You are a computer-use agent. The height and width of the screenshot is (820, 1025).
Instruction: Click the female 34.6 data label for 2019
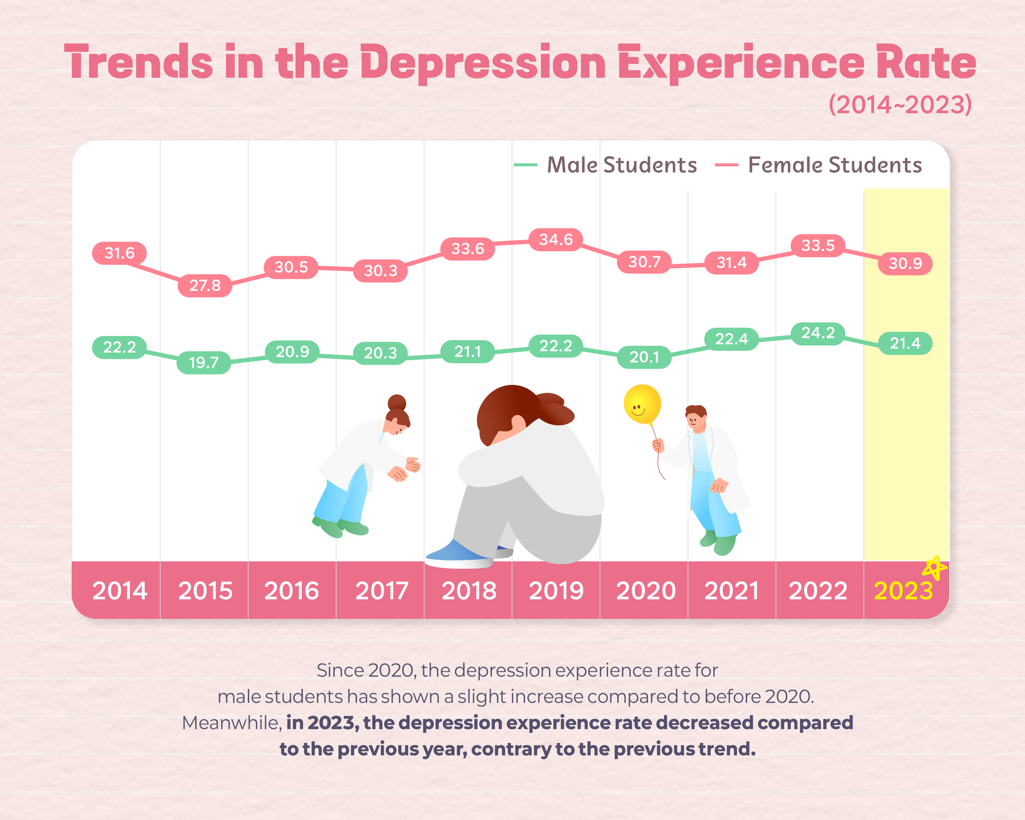[556, 239]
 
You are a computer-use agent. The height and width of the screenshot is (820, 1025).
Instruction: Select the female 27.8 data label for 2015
[205, 286]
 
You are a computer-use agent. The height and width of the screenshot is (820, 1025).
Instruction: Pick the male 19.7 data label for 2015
[204, 363]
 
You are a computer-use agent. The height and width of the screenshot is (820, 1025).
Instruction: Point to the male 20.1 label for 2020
[644, 357]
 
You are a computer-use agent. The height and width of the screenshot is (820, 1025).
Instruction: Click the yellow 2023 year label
[903, 591]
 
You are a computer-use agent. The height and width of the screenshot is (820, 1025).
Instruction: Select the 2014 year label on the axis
[120, 591]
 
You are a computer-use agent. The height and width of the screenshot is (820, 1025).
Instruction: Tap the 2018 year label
[469, 591]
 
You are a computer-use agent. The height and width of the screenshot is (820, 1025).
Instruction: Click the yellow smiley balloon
[642, 404]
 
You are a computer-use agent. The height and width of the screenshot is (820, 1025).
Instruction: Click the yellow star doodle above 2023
[934, 567]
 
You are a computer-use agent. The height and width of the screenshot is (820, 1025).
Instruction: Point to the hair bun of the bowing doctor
[397, 403]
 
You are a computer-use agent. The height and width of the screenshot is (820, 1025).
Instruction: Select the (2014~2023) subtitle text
[900, 105]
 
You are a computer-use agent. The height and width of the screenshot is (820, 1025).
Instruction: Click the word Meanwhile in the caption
[232, 723]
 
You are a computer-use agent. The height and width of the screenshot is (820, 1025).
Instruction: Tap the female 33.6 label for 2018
[467, 249]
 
